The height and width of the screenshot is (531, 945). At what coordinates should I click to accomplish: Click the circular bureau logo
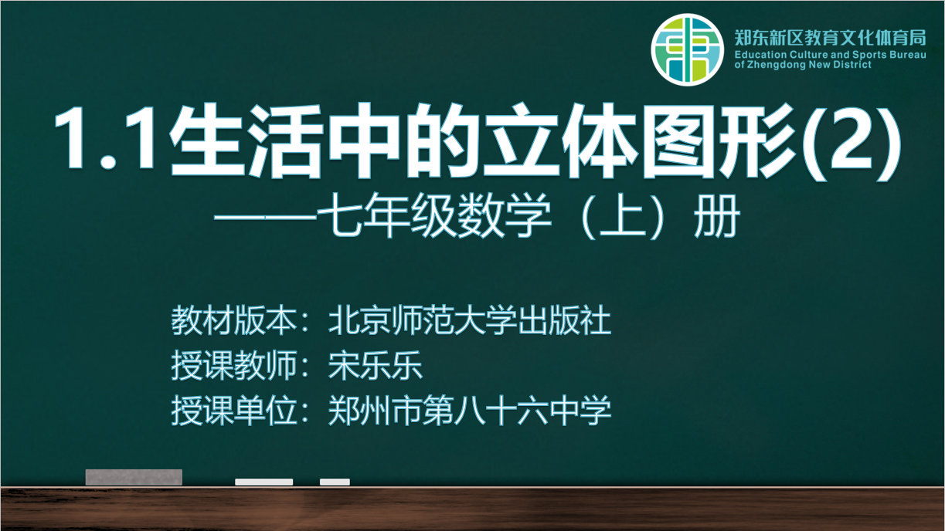point(687,49)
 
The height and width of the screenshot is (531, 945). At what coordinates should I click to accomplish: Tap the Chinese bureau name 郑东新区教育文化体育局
point(830,38)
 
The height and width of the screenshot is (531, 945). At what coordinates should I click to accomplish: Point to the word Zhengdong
point(777,65)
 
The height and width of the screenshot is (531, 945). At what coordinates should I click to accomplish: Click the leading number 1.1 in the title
point(105,139)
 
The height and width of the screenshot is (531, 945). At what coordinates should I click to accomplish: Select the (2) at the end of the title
point(851,141)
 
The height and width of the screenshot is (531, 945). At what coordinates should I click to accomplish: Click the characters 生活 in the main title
point(246,141)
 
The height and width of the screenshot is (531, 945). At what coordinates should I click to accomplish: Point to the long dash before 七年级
point(265,218)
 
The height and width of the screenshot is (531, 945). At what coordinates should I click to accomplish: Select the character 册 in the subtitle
point(717,216)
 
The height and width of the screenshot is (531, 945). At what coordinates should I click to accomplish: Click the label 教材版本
point(234,320)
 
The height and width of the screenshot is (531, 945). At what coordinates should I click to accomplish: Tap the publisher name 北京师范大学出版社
point(470,320)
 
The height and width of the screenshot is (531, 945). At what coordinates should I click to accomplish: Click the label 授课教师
point(234,365)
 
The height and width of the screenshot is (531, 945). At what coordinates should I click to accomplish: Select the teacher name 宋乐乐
point(376,365)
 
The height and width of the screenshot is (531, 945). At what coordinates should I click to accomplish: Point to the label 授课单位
point(234,411)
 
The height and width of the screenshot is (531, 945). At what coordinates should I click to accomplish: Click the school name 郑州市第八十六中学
point(470,411)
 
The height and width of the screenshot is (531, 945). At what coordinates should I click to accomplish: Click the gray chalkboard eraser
point(134,477)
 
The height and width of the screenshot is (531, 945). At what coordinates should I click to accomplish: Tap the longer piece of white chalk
point(264,482)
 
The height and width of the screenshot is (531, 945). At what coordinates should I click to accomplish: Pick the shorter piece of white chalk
point(335,482)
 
